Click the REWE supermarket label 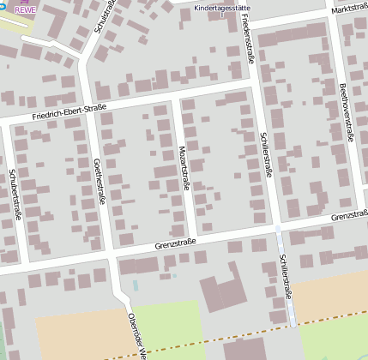pos(25,10)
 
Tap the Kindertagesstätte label pos(220,7)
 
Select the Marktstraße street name pos(348,9)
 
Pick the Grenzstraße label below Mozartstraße pos(176,244)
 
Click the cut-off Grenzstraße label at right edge pos(355,215)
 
